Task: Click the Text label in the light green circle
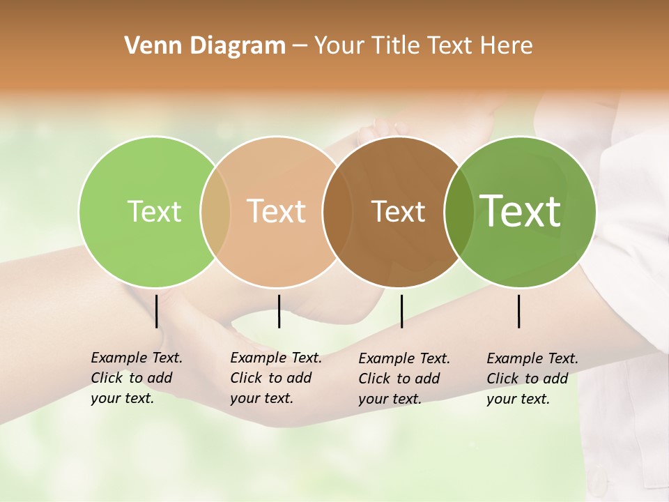tap(154, 211)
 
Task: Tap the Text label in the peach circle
tap(277, 211)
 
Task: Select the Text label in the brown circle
tap(398, 211)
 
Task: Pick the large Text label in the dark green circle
tap(521, 211)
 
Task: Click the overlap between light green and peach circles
tap(215, 211)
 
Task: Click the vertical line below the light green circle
tap(157, 311)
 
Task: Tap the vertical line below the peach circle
tap(279, 311)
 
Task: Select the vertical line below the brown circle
tap(401, 311)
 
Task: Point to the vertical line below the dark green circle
tap(519, 311)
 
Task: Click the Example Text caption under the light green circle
tap(137, 378)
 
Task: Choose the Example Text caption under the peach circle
tap(276, 378)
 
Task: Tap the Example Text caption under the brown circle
tap(404, 379)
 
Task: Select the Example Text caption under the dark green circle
tap(532, 379)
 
